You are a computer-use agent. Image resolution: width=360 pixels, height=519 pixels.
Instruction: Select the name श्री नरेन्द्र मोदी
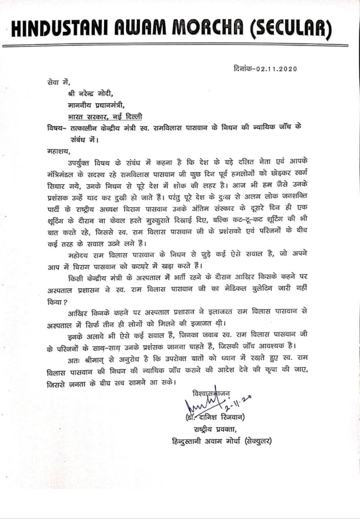tap(88, 94)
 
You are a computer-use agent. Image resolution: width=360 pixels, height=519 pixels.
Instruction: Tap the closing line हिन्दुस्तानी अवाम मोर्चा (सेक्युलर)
tap(221, 441)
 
